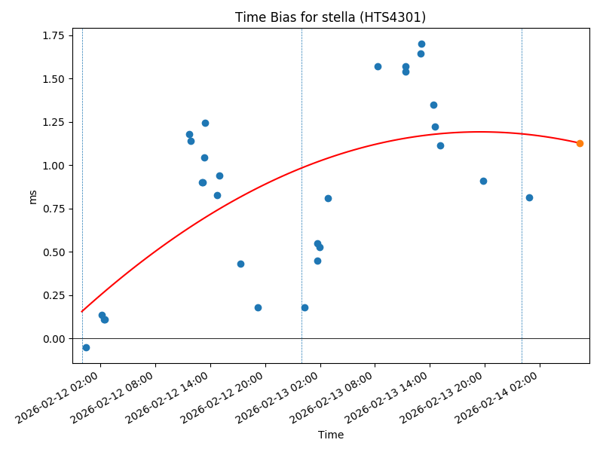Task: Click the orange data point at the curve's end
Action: [580, 143]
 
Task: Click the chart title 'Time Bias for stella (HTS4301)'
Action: [330, 17]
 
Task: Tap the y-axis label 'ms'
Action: [32, 196]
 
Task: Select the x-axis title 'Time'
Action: [330, 435]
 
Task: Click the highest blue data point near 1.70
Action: [421, 44]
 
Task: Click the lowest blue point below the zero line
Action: [86, 347]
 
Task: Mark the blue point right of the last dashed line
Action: [529, 197]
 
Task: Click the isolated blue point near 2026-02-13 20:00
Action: [483, 181]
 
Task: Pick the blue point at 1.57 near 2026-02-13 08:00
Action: [378, 66]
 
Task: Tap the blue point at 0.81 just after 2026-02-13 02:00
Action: [328, 198]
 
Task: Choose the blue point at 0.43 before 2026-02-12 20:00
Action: [240, 264]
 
